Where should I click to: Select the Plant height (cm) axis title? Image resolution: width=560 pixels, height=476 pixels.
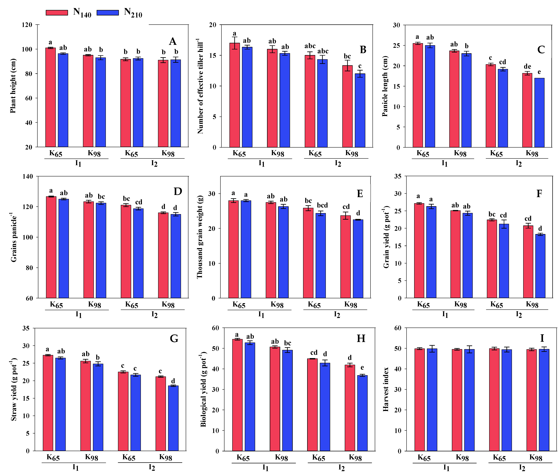click(13, 86)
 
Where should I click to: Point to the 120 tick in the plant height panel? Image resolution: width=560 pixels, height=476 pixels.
click(27, 25)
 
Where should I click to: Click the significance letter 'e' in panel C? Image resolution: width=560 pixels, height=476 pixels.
click(539, 72)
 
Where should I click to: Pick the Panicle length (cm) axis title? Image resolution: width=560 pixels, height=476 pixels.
click(385, 86)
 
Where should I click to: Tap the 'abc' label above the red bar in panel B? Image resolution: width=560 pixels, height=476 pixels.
click(310, 46)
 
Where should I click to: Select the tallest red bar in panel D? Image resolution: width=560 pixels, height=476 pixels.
click(51, 247)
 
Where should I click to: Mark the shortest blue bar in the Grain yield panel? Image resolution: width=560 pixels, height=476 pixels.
click(540, 266)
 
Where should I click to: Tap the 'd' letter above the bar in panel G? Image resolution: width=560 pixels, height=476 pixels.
click(173, 381)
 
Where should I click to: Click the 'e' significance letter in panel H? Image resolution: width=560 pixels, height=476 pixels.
click(362, 368)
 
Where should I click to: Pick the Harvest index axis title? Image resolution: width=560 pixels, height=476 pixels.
click(386, 389)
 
